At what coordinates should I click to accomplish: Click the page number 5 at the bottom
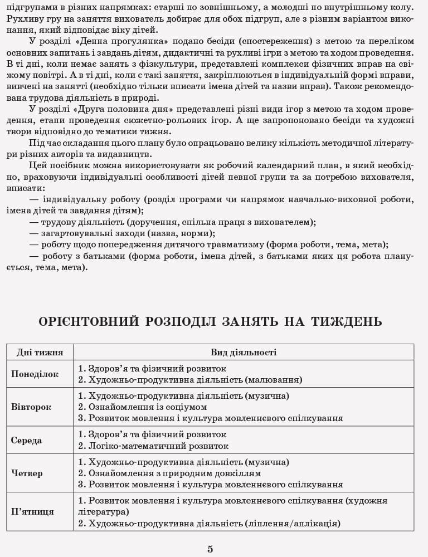click(x=210, y=549)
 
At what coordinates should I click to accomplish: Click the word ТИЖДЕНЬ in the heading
click(x=347, y=322)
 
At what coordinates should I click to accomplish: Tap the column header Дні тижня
click(x=40, y=353)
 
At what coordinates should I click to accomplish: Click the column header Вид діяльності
click(x=244, y=353)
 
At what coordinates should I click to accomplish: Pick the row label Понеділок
click(x=35, y=374)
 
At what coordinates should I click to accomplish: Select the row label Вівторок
click(x=31, y=407)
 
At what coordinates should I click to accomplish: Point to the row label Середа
click(x=26, y=440)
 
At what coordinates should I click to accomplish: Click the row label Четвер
click(x=27, y=473)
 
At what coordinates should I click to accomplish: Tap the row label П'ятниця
click(x=32, y=511)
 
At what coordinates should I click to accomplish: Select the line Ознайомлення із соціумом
click(x=147, y=407)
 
